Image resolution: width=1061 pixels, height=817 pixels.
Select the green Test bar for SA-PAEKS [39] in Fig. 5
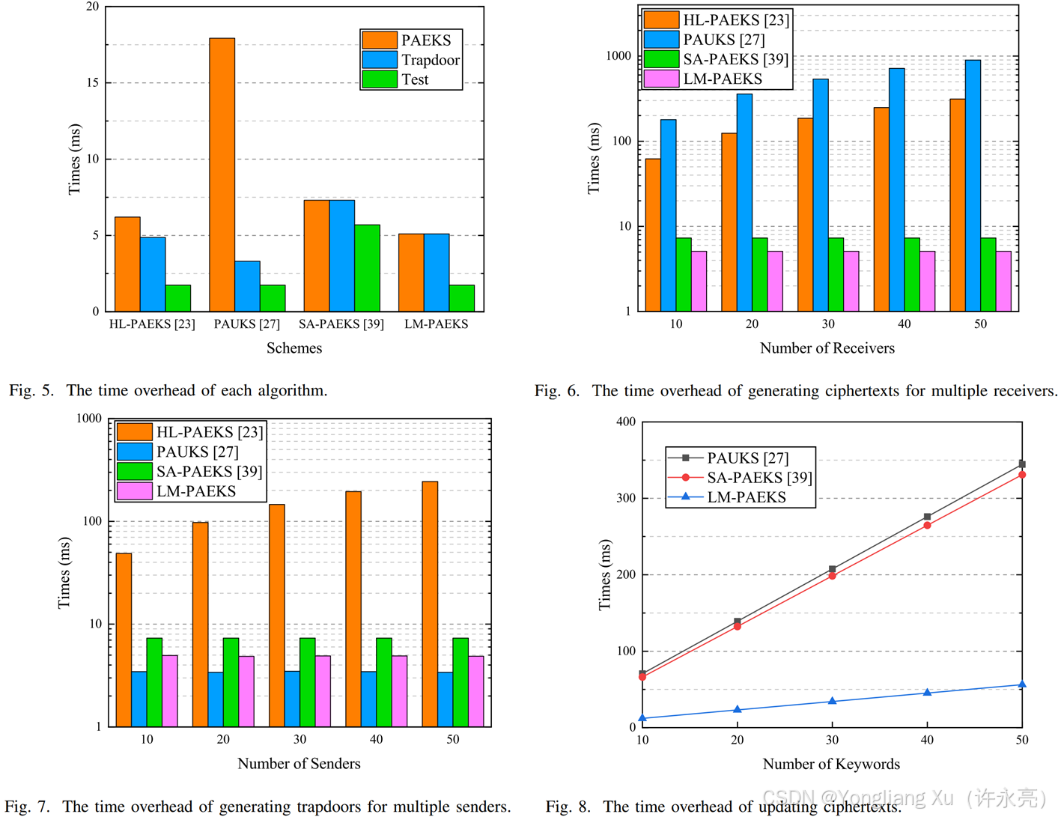367,268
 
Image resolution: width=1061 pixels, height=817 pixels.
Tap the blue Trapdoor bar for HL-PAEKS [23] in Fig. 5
153,274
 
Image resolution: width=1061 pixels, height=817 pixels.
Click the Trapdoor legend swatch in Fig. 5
379,60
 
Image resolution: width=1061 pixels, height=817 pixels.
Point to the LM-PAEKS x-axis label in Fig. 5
436,324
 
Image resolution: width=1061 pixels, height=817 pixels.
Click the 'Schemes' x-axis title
294,348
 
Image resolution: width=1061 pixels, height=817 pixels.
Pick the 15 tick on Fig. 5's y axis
92,82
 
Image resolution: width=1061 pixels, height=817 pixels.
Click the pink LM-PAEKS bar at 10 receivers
699,281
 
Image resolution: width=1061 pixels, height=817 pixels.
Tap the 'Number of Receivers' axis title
827,348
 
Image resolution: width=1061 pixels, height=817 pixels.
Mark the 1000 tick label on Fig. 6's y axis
618,56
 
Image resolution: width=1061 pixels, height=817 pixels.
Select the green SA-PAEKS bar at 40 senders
384,682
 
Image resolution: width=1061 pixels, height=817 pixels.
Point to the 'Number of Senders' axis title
299,764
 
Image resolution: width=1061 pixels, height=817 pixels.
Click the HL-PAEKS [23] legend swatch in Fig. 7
135,432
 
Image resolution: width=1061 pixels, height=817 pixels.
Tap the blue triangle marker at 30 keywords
832,701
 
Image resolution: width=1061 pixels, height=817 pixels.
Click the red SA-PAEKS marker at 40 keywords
927,526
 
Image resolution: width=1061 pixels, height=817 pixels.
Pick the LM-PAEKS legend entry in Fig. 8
746,497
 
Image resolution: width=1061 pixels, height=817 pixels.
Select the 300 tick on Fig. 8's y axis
626,498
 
